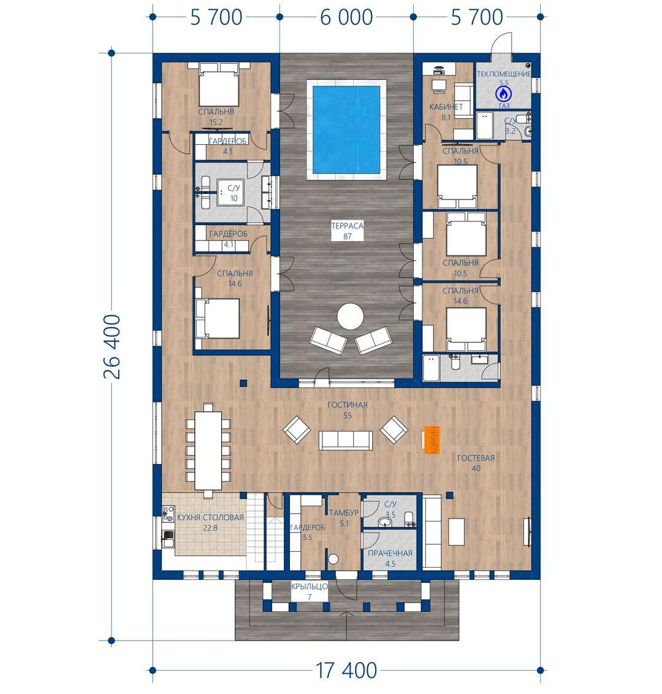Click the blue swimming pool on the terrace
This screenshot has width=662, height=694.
346,129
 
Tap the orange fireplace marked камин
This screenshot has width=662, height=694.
431,440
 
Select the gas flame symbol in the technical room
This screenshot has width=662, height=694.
503,94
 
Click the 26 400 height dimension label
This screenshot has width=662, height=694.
112,347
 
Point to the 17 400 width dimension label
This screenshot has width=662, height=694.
346,671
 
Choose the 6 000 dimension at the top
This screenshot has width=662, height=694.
346,17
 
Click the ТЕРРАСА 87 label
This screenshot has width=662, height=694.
348,231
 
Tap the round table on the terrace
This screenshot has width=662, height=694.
350,316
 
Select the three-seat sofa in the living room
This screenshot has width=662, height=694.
345,440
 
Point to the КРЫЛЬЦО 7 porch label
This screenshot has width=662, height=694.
310,592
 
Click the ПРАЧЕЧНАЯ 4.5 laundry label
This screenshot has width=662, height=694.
390,558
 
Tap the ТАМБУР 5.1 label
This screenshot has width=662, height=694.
344,518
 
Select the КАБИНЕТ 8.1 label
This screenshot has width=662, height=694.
446,112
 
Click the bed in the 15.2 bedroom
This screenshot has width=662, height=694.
219,84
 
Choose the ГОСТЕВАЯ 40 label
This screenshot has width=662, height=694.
476,463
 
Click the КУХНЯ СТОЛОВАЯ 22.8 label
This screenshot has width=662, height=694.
210,522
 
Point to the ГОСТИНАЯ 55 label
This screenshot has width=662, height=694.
348,410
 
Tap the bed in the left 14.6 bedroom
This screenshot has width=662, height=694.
218,318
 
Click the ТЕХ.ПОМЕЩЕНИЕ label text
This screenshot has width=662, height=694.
504,74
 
